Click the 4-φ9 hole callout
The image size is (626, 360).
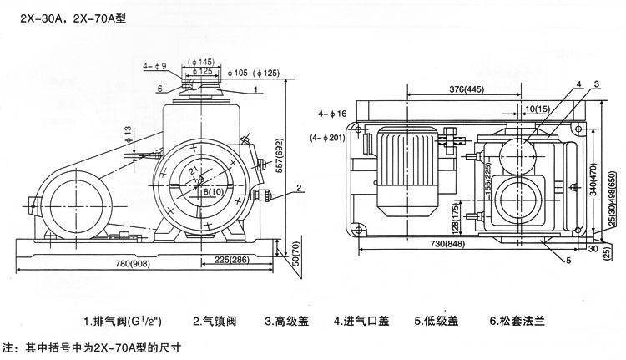pyautogui.click(x=155, y=65)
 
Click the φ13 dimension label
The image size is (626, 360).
pyautogui.click(x=129, y=133)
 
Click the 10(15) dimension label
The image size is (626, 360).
pyautogui.click(x=537, y=109)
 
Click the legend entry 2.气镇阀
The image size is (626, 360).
pyautogui.click(x=216, y=321)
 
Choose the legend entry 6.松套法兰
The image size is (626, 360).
pyautogui.click(x=518, y=321)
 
